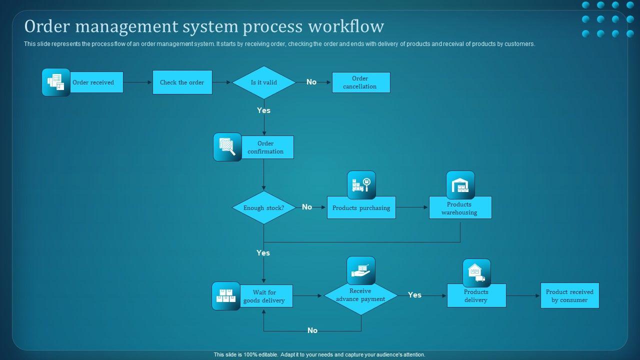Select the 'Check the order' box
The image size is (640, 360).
click(x=182, y=82)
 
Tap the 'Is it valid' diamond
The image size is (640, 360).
click(x=263, y=82)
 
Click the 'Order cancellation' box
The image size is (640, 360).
click(x=361, y=82)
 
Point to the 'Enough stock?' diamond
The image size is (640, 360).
click(x=263, y=207)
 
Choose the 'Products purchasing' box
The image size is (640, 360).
click(x=361, y=207)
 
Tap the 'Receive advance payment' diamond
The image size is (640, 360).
click(x=361, y=297)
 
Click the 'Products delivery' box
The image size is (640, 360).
click(x=476, y=295)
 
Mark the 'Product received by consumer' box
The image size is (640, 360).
click(x=569, y=295)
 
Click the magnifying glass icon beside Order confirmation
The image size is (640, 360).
click(x=227, y=147)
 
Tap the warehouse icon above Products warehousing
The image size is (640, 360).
click(x=460, y=185)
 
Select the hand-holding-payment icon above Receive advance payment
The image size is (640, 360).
click(x=361, y=270)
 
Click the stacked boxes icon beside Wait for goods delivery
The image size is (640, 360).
click(x=226, y=296)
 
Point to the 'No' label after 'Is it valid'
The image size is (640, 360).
click(x=311, y=82)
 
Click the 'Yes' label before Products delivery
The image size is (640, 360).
click(x=414, y=295)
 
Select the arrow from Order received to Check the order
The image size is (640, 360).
click(x=137, y=82)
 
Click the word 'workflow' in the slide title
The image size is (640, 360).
click(x=346, y=26)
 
